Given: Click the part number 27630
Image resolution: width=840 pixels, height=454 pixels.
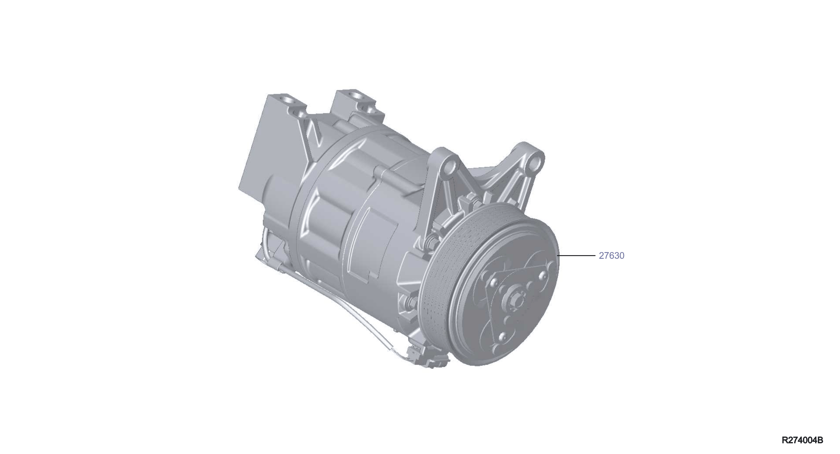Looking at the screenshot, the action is click(611, 256).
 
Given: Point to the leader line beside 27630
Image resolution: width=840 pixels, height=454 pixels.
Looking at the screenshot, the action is click(577, 256).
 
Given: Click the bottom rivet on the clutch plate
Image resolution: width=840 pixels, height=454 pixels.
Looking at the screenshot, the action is click(502, 337).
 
